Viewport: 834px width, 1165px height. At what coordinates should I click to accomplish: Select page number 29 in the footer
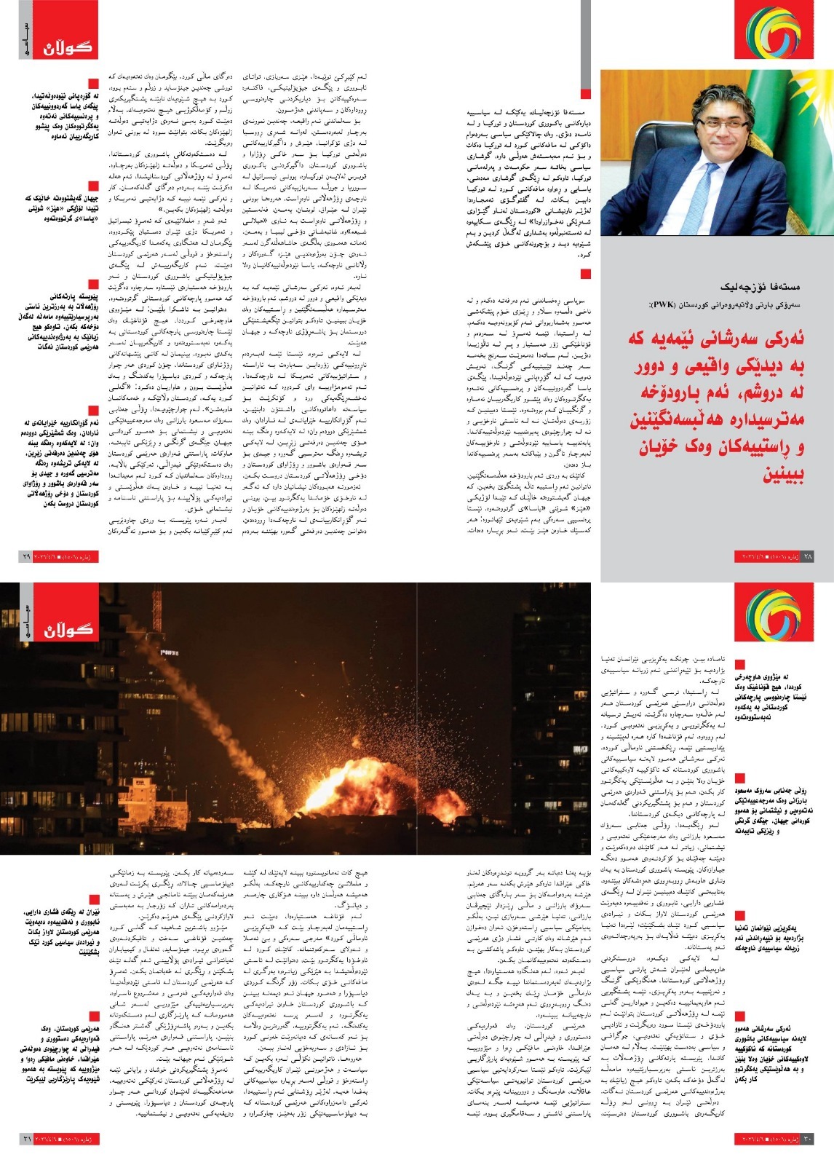pyautogui.click(x=26, y=556)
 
